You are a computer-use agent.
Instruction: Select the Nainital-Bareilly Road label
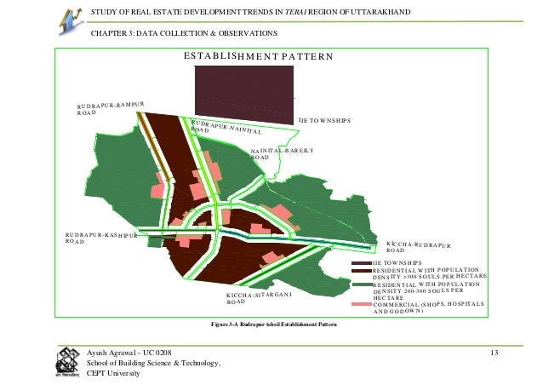(x=282, y=153)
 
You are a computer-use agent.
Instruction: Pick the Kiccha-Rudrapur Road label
(x=418, y=246)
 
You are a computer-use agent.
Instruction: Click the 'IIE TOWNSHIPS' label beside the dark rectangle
(x=324, y=121)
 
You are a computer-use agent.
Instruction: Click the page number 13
(x=495, y=352)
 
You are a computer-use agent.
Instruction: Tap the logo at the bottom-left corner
(x=66, y=364)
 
